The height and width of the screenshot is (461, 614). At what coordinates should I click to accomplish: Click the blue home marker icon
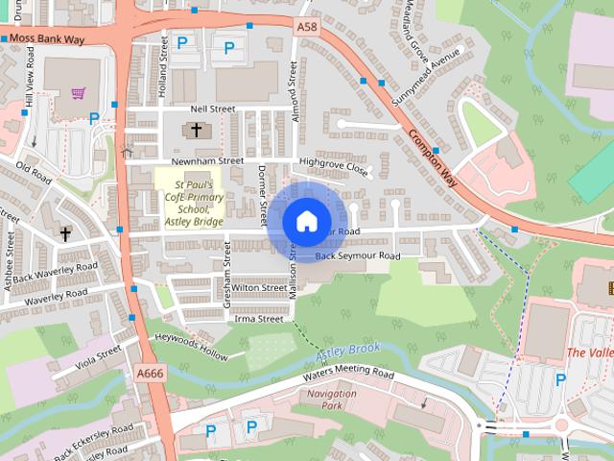point(305,222)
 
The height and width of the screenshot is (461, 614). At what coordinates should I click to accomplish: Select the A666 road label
point(151,373)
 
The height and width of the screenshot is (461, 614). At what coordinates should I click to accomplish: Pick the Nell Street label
point(212,109)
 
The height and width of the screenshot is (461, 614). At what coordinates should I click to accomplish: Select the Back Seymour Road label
point(357,256)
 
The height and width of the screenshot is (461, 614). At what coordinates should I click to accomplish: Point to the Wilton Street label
point(259,287)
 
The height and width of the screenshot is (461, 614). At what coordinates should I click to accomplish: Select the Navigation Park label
point(332,400)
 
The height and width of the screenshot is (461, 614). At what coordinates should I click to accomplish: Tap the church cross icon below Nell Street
point(197,130)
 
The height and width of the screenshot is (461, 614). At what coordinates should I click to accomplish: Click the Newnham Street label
point(206,161)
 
